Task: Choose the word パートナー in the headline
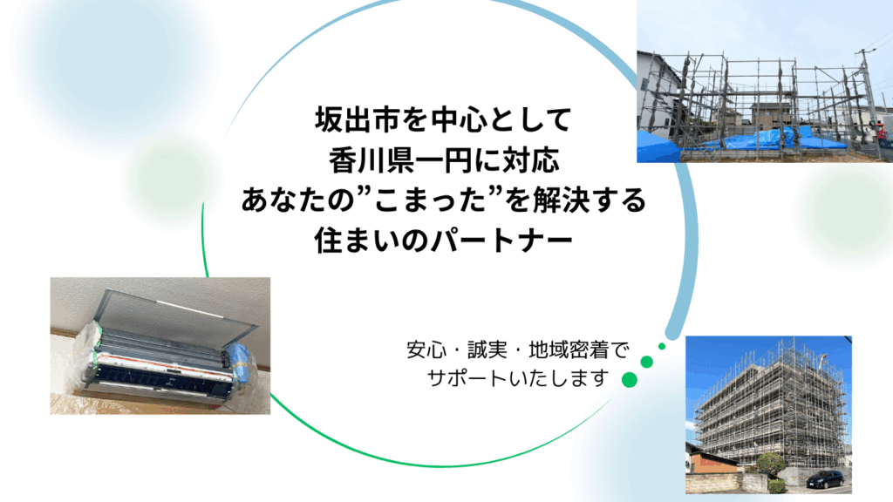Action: tap(501, 241)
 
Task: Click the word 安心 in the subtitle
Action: tap(426, 349)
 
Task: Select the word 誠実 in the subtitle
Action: tap(487, 349)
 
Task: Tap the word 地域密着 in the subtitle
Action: tap(569, 349)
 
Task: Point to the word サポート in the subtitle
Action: tap(467, 378)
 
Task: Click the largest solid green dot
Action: tap(630, 380)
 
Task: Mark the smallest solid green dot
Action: tap(662, 346)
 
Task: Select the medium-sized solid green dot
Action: tap(646, 362)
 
